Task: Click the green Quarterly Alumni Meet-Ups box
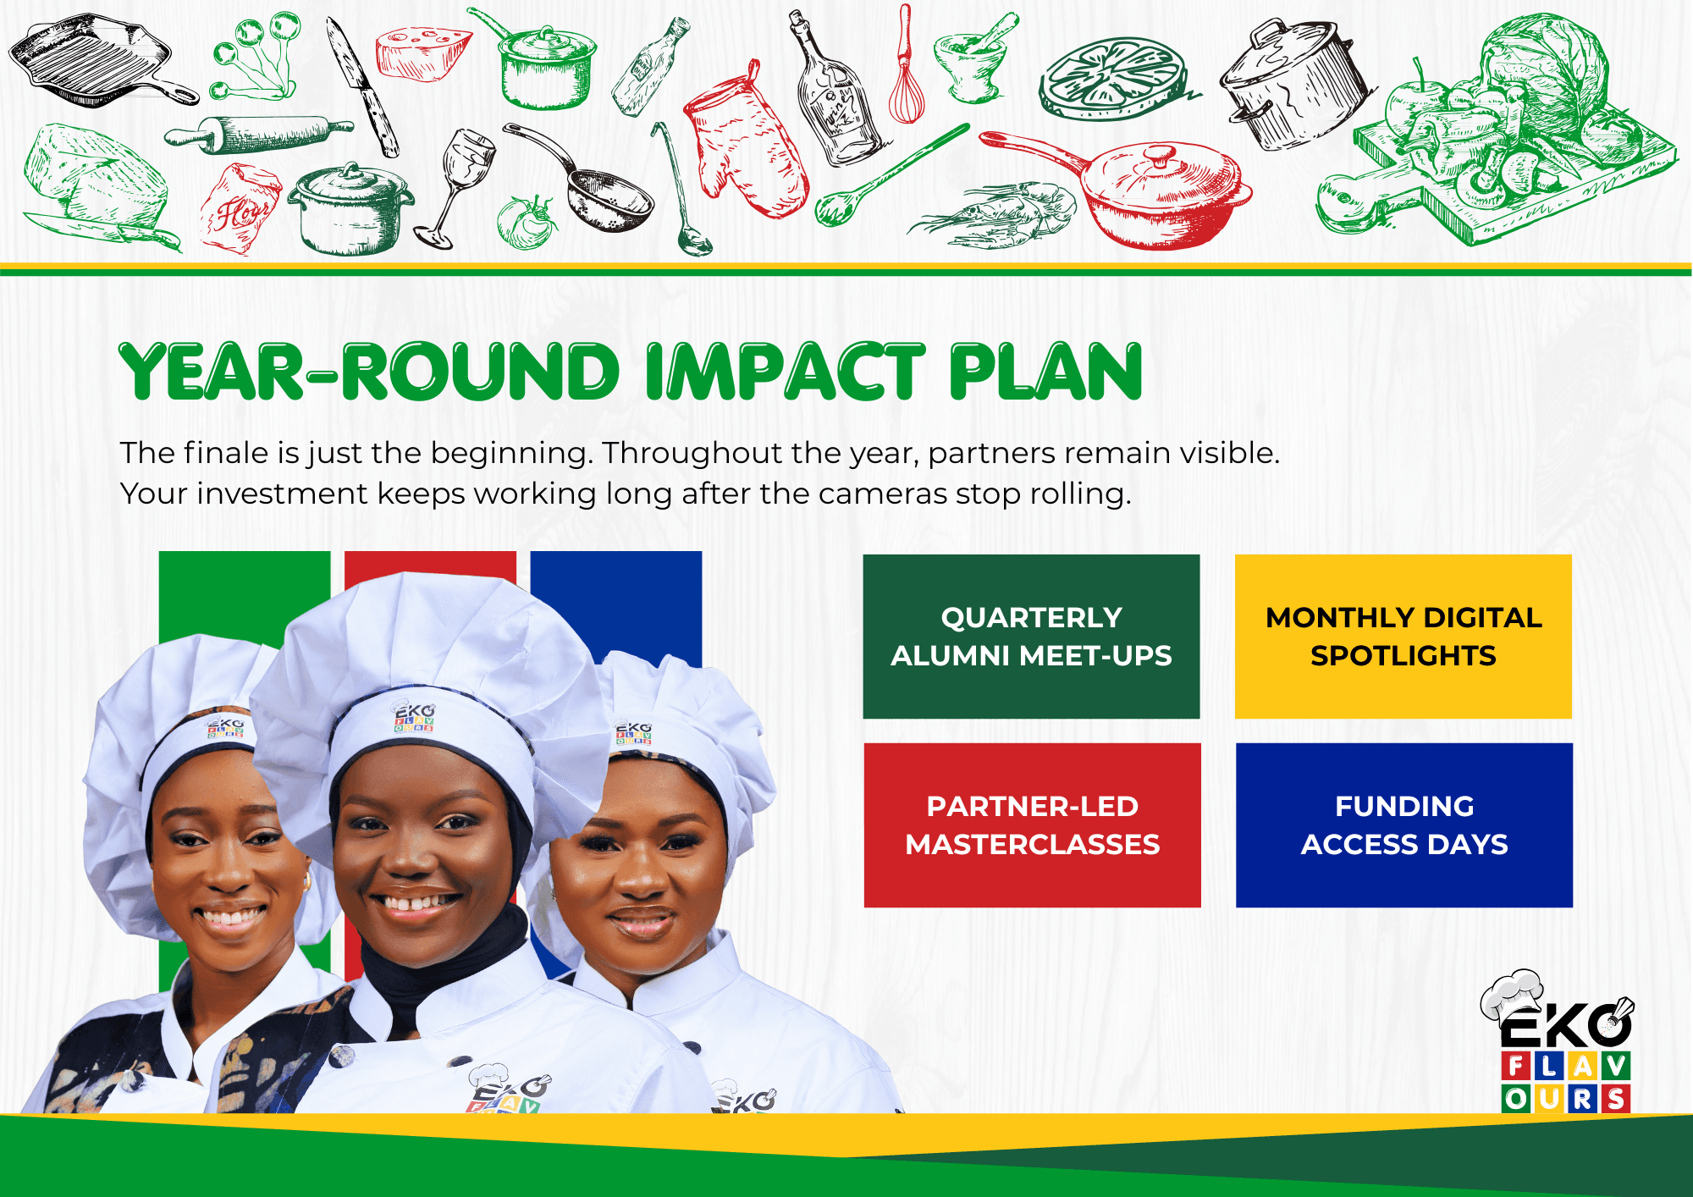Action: [x=1031, y=637]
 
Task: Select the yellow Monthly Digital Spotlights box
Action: [x=1403, y=637]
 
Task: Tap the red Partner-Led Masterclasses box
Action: [x=1032, y=825]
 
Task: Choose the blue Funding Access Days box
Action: [x=1404, y=825]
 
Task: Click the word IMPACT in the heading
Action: [x=785, y=372]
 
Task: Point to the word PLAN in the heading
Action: [x=1046, y=372]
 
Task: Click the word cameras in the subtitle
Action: [x=883, y=494]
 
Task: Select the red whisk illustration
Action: [x=906, y=63]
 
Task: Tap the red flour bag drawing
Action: [x=240, y=208]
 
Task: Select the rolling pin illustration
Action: [x=258, y=135]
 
